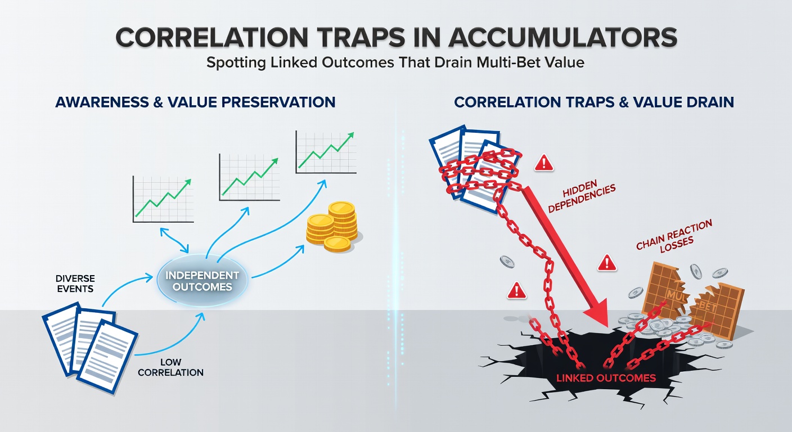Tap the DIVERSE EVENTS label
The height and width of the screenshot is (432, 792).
(75, 283)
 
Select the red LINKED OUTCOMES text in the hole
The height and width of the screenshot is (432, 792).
(606, 377)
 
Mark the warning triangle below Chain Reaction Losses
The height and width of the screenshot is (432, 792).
(606, 262)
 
